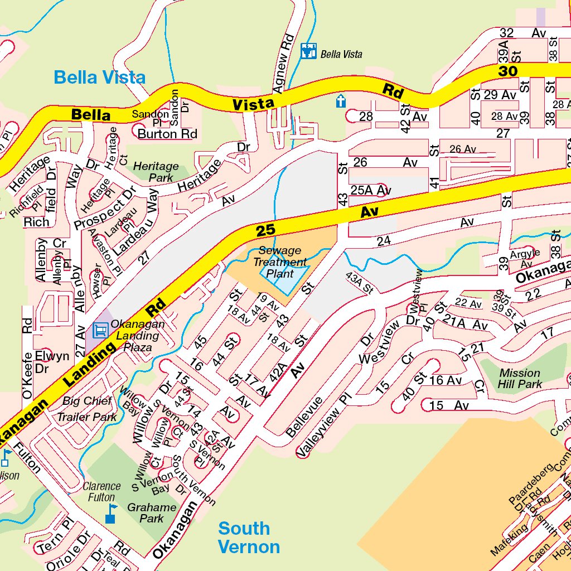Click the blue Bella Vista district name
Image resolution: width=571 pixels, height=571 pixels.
[x=99, y=78]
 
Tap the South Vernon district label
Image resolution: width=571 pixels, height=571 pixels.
[x=248, y=537]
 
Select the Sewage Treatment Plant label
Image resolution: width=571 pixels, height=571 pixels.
[x=280, y=262]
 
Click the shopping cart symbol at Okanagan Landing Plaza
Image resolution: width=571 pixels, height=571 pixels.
[x=100, y=330]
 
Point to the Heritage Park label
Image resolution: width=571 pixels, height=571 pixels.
[x=156, y=172]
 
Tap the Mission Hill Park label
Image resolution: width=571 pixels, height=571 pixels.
[x=520, y=378]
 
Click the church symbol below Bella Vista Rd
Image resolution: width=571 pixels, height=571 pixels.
[x=341, y=101]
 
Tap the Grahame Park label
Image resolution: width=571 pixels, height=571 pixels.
[x=152, y=513]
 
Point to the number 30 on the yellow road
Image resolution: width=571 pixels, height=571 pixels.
[x=508, y=71]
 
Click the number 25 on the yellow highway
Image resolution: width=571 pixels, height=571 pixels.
[x=266, y=230]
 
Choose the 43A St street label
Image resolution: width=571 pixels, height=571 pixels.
[x=360, y=283]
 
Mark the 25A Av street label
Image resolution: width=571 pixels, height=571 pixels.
[x=371, y=190]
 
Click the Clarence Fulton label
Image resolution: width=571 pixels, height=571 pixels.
[x=101, y=491]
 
